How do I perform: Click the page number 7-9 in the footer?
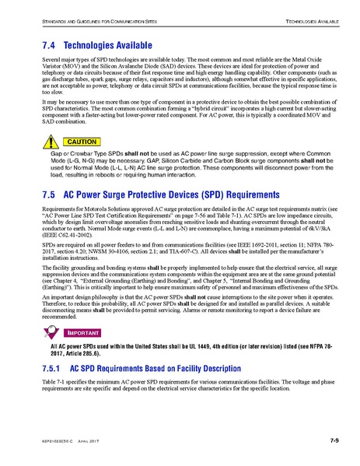pyautogui.click(x=332, y=442)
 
